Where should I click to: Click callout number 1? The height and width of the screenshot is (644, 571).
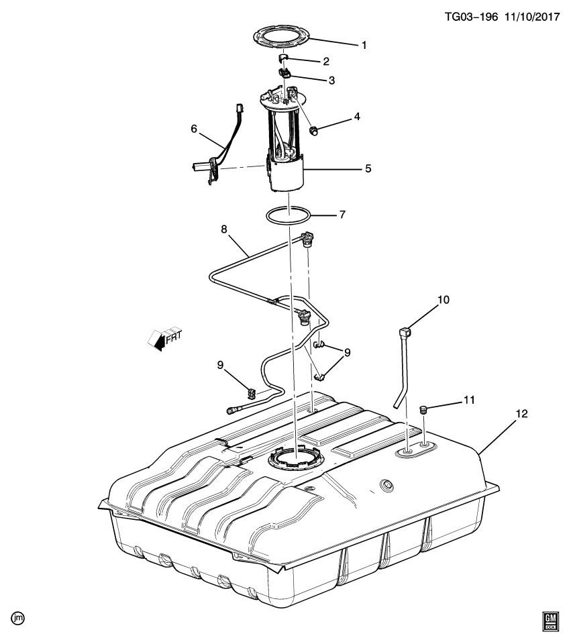[364, 46]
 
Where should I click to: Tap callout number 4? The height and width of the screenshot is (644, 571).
[357, 116]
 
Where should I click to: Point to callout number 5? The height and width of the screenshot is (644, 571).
[368, 169]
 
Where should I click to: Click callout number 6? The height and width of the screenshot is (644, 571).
[195, 129]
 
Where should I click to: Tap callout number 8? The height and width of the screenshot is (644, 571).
[224, 229]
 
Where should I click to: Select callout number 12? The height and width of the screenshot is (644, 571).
[522, 414]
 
